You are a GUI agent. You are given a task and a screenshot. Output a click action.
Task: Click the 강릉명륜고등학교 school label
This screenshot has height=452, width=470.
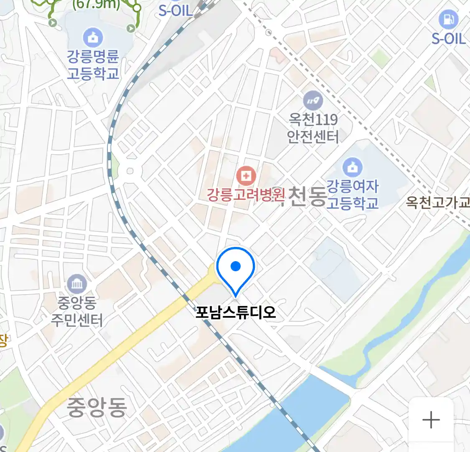pyautogui.click(x=93, y=65)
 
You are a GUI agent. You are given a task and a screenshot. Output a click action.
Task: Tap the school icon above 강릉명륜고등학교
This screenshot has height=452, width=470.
pyautogui.click(x=93, y=38)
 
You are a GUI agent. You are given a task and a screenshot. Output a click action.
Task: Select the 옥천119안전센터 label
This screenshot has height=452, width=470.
pyautogui.click(x=313, y=128)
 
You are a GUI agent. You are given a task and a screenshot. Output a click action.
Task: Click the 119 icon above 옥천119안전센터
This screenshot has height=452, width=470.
pyautogui.click(x=313, y=101)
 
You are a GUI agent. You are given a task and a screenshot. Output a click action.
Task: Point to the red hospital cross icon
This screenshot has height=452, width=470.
pyautogui.click(x=246, y=176)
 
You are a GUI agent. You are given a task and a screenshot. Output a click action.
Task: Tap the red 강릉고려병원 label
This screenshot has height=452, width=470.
pyautogui.click(x=246, y=195)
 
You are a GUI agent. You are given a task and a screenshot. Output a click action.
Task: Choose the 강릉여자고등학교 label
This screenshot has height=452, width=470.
pyautogui.click(x=352, y=195)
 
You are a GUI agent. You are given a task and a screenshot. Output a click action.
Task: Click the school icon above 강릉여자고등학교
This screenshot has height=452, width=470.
pyautogui.click(x=353, y=168)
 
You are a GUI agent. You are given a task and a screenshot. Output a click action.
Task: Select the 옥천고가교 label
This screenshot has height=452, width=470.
pyautogui.click(x=437, y=203)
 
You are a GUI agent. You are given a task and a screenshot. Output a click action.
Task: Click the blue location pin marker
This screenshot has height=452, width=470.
pyautogui.click(x=236, y=268)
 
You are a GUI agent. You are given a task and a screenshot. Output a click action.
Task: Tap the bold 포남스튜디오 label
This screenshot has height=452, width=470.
pyautogui.click(x=236, y=312)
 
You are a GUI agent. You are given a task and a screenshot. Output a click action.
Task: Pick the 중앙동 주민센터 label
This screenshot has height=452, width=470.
pyautogui.click(x=77, y=311)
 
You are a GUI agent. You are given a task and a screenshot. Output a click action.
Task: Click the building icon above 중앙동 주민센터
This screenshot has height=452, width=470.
pyautogui.click(x=77, y=285)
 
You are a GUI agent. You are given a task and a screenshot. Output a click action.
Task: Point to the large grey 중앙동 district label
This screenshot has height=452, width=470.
pyautogui.click(x=97, y=407)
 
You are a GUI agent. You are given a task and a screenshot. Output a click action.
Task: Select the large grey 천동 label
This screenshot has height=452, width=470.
pyautogui.click(x=307, y=197)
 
